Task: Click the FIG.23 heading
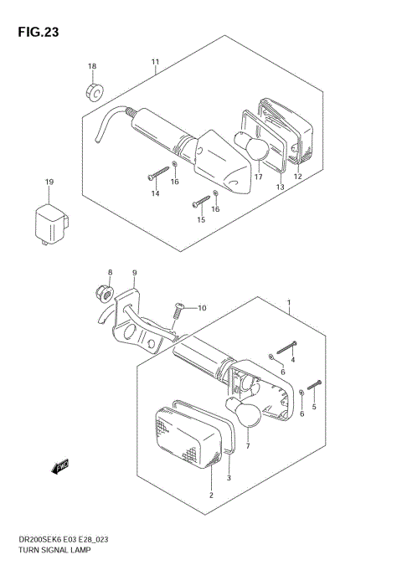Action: (x=39, y=32)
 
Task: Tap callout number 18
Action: (x=92, y=66)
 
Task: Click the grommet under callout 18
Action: (x=95, y=92)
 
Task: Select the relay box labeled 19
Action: (x=51, y=224)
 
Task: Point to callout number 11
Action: (x=155, y=62)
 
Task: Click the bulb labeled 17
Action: (x=251, y=146)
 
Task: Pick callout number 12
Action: (x=298, y=177)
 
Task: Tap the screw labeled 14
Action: (x=158, y=173)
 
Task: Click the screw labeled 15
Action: (x=201, y=202)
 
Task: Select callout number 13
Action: (x=280, y=187)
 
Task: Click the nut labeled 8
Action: (x=105, y=293)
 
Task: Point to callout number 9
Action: (x=134, y=273)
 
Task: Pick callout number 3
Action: (x=229, y=478)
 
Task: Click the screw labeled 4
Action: (x=286, y=347)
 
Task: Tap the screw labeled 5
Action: (x=315, y=385)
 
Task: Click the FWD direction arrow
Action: (x=60, y=467)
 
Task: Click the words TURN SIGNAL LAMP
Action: (x=54, y=550)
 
